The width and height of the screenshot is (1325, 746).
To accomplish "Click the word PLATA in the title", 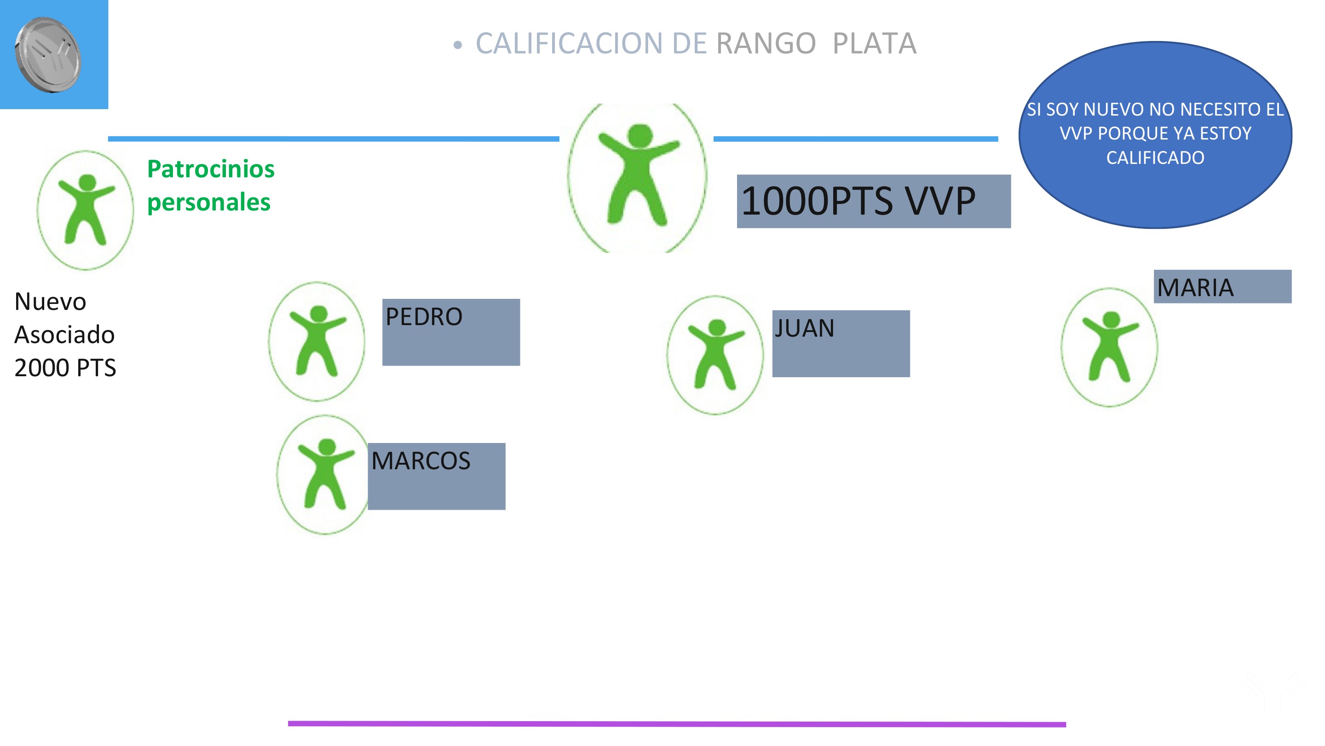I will pos(874,43).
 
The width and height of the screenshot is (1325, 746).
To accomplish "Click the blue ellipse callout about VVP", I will pos(1155,134).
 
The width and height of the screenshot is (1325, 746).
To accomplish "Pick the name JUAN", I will pos(805,328).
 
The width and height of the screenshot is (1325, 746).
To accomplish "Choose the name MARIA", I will pos(1195,287).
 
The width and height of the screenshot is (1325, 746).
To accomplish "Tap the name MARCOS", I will pos(421,461).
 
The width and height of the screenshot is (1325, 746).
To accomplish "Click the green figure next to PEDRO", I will pos(317,341).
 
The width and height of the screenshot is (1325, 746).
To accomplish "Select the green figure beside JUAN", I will pos(715,354).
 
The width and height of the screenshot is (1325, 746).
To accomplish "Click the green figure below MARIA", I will pos(1110,347).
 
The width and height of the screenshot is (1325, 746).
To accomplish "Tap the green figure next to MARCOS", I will pos(325,474).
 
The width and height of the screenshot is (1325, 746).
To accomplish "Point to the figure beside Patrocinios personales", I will pos(86,210).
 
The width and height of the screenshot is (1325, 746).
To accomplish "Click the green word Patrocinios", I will pos(211,169).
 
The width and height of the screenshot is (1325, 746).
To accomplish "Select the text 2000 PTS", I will pos(65,367).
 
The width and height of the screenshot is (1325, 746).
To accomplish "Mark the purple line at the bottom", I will pos(676,723).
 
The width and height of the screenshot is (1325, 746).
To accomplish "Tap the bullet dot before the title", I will pos(457,45).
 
